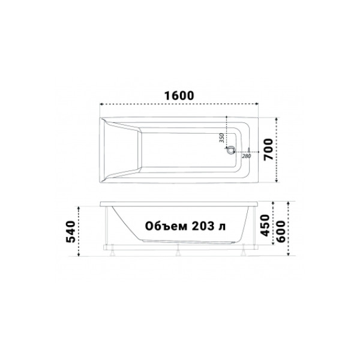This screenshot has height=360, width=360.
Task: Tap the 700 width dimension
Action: pyautogui.click(x=268, y=148)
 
